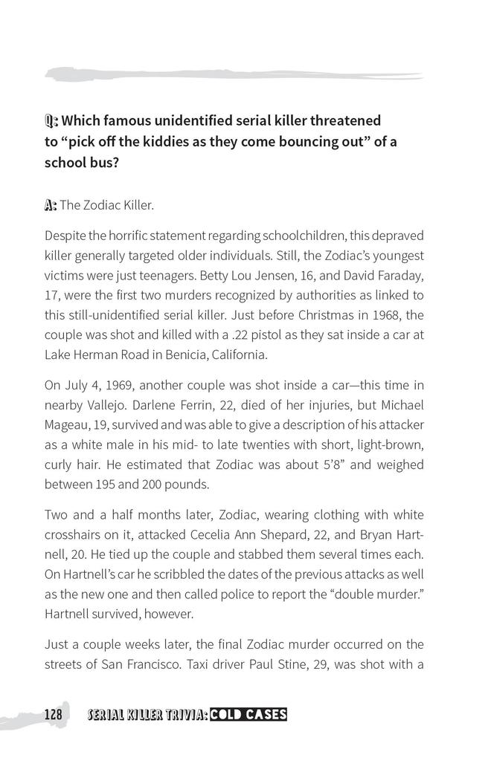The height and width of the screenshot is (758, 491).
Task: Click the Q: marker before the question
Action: coord(51,120)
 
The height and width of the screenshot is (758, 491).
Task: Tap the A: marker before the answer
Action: coord(51,204)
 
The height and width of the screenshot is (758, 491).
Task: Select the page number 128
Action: coord(52,715)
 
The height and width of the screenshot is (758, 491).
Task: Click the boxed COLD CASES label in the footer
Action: coord(248,715)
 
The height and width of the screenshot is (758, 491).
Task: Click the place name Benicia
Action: coord(178,354)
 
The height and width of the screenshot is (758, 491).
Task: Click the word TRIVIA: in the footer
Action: coord(182,715)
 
